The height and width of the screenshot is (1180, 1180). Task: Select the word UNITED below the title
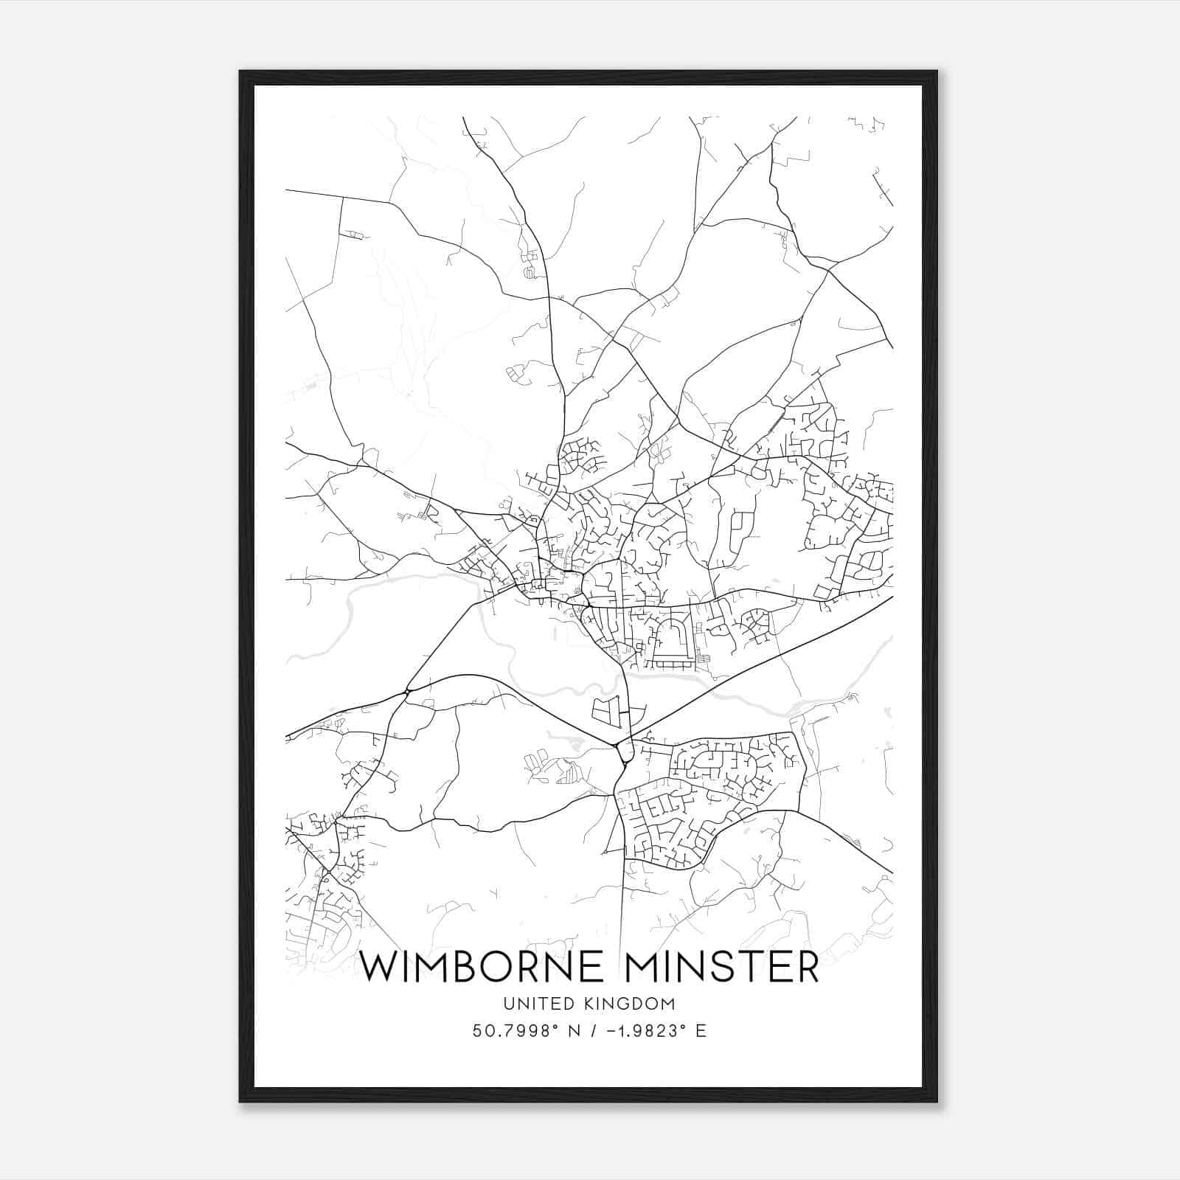click(529, 1004)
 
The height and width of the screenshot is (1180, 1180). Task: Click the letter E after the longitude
click(701, 1031)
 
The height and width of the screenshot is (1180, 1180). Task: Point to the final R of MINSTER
click(807, 968)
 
